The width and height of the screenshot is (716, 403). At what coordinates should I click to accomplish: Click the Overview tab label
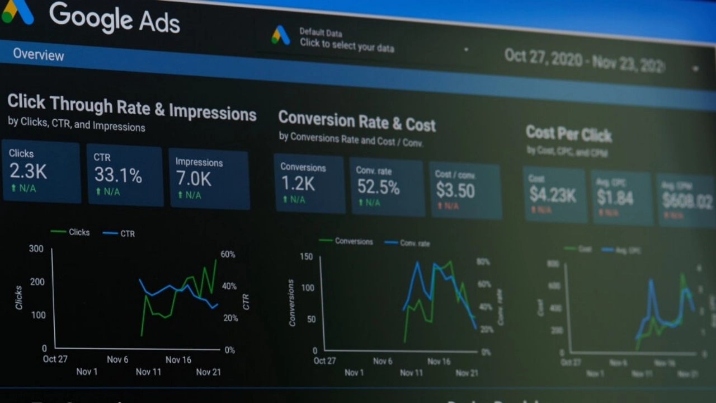38,55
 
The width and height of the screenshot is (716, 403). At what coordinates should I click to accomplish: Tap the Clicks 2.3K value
28,171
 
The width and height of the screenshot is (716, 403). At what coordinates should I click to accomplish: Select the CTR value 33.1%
117,175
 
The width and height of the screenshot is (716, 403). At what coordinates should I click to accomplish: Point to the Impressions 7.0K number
194,179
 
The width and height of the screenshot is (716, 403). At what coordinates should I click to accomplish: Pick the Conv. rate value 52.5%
378,187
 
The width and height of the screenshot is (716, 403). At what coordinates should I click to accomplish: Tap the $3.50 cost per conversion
455,191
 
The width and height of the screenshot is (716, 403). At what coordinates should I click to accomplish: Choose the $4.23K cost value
553,195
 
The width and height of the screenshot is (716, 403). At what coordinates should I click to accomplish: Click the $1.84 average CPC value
615,198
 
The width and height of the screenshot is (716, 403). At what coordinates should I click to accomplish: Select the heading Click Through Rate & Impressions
131,107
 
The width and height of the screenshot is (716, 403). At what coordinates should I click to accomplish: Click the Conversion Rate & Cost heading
357,121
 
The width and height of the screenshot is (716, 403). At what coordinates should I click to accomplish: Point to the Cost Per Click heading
568,134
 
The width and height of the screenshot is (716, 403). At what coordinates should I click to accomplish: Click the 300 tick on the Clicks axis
36,249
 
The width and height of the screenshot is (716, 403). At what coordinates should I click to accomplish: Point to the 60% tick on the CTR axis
228,254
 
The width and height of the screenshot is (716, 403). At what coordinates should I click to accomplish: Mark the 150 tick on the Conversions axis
307,256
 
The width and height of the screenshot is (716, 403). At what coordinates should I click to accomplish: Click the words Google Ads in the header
115,18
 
